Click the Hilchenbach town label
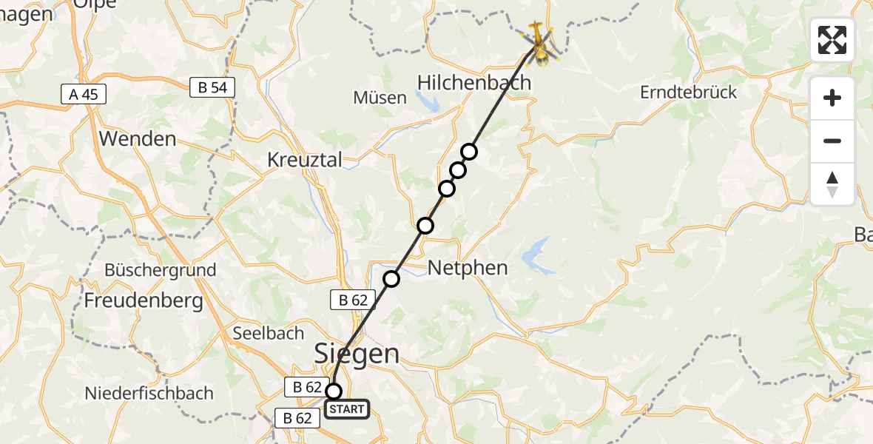[474, 82]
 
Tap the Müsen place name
[380, 98]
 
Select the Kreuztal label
[305, 160]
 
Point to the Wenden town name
[137, 138]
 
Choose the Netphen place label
[468, 267]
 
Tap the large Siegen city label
[357, 353]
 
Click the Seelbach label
[269, 333]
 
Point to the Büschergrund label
[160, 270]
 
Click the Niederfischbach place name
[149, 393]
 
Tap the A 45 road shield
[83, 94]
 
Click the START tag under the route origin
[346, 408]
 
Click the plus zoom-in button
[832, 98]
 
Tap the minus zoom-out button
[832, 141]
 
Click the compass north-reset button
[832, 184]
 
